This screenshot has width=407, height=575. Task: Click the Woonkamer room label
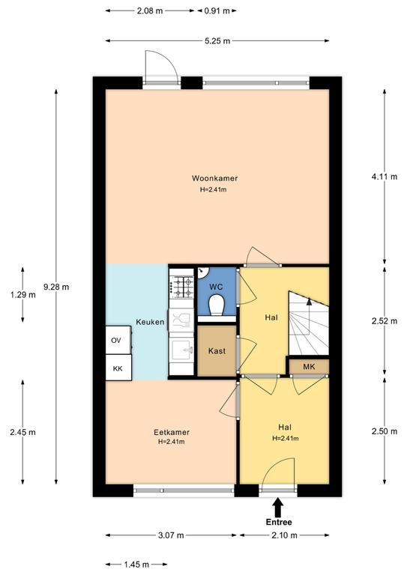click(214, 178)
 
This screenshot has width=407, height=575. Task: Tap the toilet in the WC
click(216, 305)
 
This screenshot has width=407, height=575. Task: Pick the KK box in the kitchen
click(118, 368)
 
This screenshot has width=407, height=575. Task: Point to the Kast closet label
click(217, 351)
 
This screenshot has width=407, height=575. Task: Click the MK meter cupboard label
click(309, 366)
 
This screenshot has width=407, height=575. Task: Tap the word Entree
click(279, 522)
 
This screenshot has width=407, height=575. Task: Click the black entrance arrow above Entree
click(278, 507)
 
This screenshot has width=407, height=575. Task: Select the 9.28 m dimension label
click(56, 287)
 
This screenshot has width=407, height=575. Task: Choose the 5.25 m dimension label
click(217, 40)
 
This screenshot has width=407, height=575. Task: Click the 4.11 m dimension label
click(385, 177)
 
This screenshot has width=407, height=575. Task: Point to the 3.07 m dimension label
click(171, 535)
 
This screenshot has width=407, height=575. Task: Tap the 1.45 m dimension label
click(136, 565)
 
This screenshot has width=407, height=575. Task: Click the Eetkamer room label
click(172, 432)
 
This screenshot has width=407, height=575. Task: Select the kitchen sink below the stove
click(181, 350)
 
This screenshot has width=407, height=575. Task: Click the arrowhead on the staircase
click(309, 302)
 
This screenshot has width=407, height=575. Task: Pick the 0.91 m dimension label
click(217, 10)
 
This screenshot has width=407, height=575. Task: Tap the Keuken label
click(150, 322)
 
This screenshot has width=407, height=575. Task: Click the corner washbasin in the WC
click(202, 273)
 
